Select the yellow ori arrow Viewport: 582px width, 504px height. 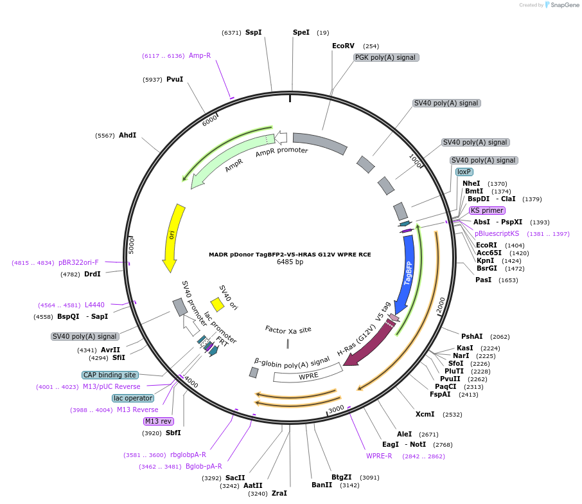coord(172,237)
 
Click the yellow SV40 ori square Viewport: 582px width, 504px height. coord(217,303)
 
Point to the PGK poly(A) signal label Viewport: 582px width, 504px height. coord(386,58)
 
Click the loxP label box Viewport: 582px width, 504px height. coord(464,172)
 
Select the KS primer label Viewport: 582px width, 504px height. coord(486,210)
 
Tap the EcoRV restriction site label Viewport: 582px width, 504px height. coord(343,46)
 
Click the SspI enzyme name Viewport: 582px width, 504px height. coord(253,32)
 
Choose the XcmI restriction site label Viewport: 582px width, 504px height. coord(425,415)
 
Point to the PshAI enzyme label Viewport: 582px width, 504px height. coord(472,336)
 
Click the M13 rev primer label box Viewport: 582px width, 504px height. coord(158,422)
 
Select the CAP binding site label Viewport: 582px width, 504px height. coord(110,375)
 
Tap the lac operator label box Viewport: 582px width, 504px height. coord(133,398)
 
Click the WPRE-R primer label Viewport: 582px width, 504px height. coord(379,456)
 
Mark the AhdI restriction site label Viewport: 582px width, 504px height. coord(127,135)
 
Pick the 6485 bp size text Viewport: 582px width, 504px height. coord(290,262)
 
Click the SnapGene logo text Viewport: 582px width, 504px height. coord(564,5)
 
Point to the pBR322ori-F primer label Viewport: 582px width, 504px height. coord(78,262)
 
